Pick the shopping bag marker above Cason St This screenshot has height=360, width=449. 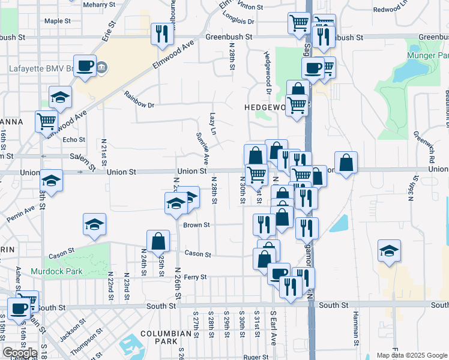click(158, 242)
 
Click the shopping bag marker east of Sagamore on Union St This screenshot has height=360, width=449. click(346, 163)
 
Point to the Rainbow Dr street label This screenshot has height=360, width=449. click(140, 99)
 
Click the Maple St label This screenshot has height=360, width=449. click(58, 21)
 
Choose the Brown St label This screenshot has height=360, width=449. click(196, 225)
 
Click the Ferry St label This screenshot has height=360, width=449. click(195, 277)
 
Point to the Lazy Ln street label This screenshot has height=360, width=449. click(212, 124)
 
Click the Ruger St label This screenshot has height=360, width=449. click(255, 357)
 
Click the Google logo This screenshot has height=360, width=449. click(20, 353)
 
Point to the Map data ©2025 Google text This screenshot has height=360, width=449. click(411, 355)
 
